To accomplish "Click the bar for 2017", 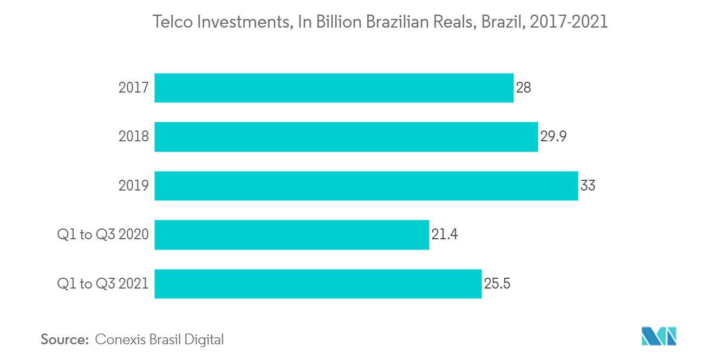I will pyautogui.click(x=334, y=88).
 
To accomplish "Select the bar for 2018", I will pyautogui.click(x=346, y=136).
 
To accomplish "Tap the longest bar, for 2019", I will pyautogui.click(x=366, y=186).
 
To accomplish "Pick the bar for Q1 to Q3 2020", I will pyautogui.click(x=291, y=234).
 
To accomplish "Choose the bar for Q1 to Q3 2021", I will pyautogui.click(x=318, y=283).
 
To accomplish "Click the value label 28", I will pyautogui.click(x=523, y=88).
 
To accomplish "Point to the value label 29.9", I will pyautogui.click(x=553, y=136).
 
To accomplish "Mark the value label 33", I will pyautogui.click(x=588, y=186).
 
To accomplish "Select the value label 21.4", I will pyautogui.click(x=445, y=234).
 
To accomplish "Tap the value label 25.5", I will pyautogui.click(x=498, y=283).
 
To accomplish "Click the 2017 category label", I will pyautogui.click(x=134, y=88).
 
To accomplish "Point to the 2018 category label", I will pyautogui.click(x=134, y=136).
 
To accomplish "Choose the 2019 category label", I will pyautogui.click(x=134, y=186).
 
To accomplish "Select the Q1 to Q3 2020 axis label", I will pyautogui.click(x=103, y=234).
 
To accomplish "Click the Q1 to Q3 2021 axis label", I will pyautogui.click(x=103, y=283).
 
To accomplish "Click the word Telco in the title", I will pyautogui.click(x=170, y=22).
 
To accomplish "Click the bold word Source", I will pyautogui.click(x=64, y=339).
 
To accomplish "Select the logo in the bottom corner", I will pyautogui.click(x=659, y=337).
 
